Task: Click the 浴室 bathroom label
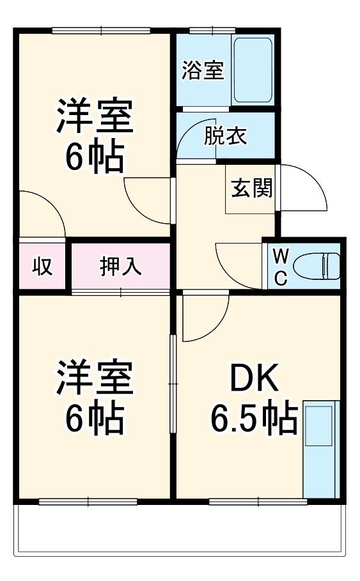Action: (x=203, y=71)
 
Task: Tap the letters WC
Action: (x=280, y=267)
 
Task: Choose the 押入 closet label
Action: (x=120, y=266)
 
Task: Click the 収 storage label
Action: (x=42, y=266)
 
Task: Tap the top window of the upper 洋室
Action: (x=101, y=30)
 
